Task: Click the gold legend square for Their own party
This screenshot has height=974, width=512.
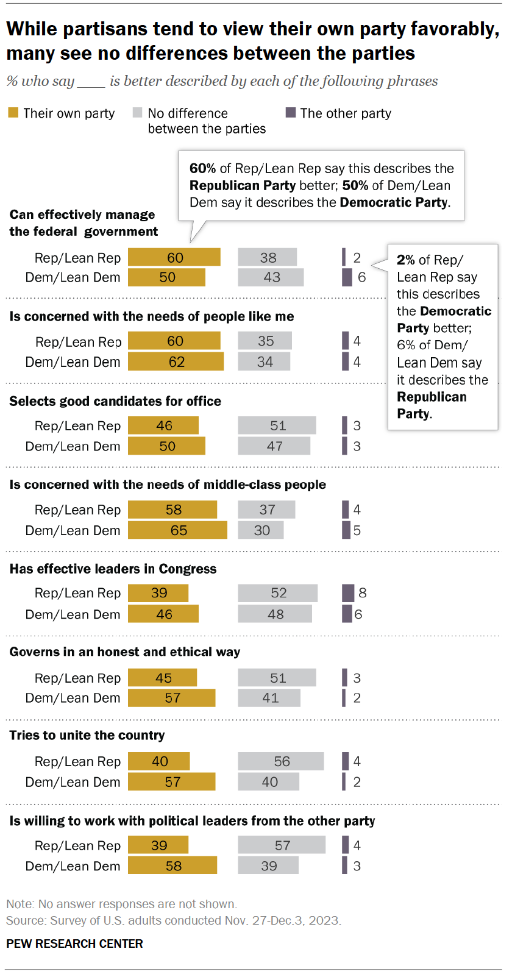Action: [13, 113]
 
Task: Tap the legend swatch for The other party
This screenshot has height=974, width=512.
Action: [291, 113]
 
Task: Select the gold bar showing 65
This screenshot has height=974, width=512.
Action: [177, 530]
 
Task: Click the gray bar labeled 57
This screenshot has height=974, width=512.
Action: [282, 845]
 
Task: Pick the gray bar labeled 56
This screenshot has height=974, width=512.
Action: [281, 761]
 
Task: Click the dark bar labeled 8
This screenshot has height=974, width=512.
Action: [348, 592]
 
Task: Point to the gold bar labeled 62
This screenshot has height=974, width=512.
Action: [176, 362]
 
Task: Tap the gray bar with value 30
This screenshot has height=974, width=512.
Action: [261, 530]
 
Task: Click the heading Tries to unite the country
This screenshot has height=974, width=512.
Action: [87, 735]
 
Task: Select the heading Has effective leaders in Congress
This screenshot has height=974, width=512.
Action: [113, 569]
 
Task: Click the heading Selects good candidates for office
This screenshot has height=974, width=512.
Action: [115, 401]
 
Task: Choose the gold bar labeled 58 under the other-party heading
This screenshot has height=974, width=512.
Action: [172, 866]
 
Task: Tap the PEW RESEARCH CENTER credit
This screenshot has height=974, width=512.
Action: [74, 944]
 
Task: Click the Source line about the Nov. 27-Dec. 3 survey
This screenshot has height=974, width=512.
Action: [173, 920]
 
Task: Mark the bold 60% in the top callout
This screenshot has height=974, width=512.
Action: [202, 168]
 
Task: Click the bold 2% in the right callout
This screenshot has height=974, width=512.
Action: [405, 260]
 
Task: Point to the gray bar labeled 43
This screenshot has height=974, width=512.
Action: [271, 277]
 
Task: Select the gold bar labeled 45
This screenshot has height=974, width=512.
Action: [162, 678]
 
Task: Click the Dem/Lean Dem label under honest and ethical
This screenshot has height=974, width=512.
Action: [73, 698]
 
